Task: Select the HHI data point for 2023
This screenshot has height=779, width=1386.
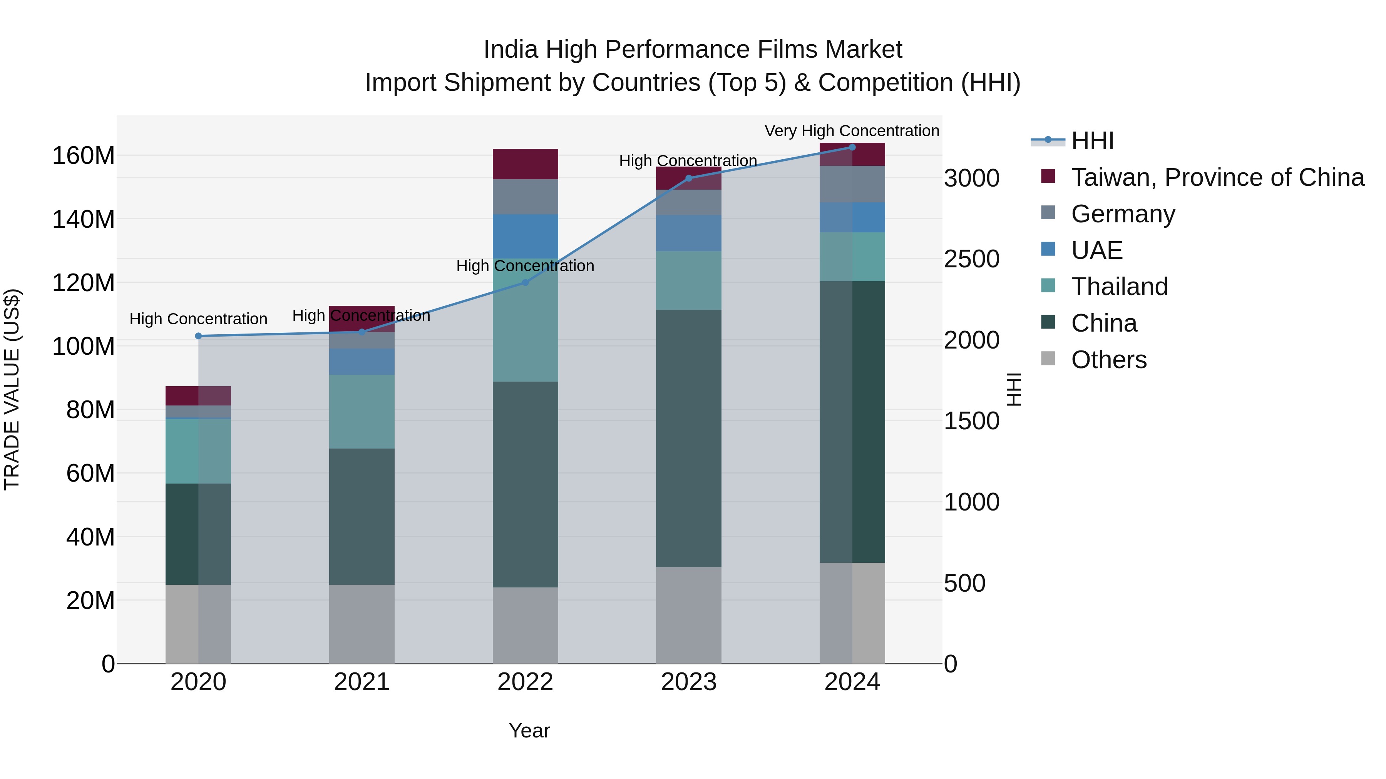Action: point(689,178)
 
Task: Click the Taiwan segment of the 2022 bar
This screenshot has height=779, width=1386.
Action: point(525,164)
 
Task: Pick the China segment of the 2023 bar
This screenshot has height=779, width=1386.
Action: point(689,438)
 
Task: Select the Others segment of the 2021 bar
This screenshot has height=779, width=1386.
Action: point(362,624)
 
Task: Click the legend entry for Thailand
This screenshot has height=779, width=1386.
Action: point(1119,287)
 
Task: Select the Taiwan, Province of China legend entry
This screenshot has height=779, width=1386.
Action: point(1217,177)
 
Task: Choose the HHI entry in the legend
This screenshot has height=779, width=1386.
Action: point(1092,141)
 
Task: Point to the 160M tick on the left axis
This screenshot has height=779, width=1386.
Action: point(84,156)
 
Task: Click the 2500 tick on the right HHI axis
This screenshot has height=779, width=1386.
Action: point(972,259)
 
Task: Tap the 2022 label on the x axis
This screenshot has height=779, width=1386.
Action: point(525,682)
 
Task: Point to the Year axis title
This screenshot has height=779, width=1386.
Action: point(529,731)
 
